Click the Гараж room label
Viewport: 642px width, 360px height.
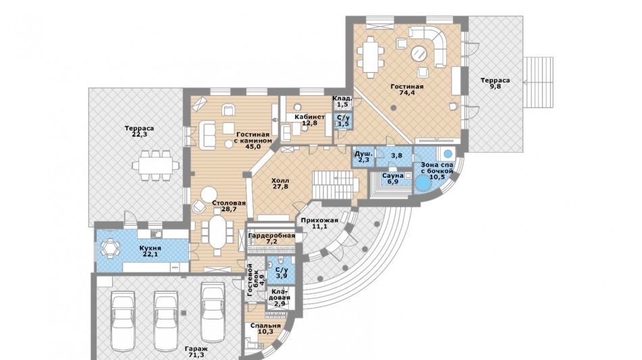pyautogui.click(x=196, y=349)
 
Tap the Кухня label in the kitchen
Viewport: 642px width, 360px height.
pyautogui.click(x=151, y=248)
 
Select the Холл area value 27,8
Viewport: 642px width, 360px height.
pyautogui.click(x=280, y=186)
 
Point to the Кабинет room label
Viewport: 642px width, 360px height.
pyautogui.click(x=310, y=117)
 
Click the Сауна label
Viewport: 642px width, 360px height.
pyautogui.click(x=393, y=176)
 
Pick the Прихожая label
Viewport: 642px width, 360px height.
pyautogui.click(x=320, y=220)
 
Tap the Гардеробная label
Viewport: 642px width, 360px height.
pyautogui.click(x=272, y=236)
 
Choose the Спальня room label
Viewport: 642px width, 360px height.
pyautogui.click(x=266, y=326)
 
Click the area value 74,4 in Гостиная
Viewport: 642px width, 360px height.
pyautogui.click(x=407, y=93)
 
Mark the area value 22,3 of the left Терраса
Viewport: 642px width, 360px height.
pyautogui.click(x=140, y=134)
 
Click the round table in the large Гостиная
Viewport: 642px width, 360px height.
pyautogui.click(x=419, y=53)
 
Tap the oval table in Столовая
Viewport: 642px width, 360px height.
pyautogui.click(x=218, y=232)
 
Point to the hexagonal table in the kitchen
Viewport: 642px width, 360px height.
pyautogui.click(x=109, y=248)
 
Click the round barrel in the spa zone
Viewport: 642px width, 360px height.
pyautogui.click(x=423, y=184)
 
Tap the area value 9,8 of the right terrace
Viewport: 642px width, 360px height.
pyautogui.click(x=496, y=86)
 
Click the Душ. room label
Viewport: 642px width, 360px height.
pyautogui.click(x=364, y=153)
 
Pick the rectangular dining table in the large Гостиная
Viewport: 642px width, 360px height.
pyautogui.click(x=371, y=57)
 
